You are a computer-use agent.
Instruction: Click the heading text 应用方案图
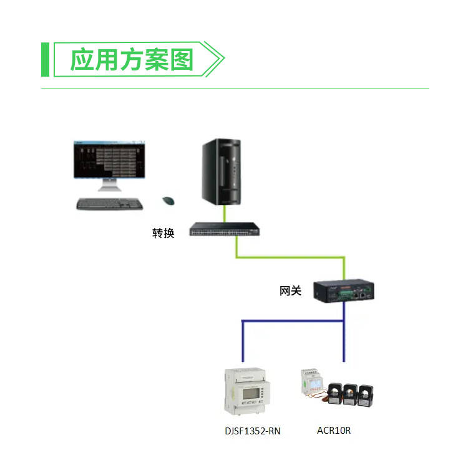click(132, 60)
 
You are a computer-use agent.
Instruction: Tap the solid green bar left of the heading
click(45, 60)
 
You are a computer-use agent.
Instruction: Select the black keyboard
click(109, 203)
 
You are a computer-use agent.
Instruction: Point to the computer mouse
click(168, 200)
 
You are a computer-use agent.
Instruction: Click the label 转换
click(163, 233)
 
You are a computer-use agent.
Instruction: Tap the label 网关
click(290, 290)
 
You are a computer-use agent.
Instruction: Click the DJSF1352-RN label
click(253, 431)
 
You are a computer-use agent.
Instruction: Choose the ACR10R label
click(334, 430)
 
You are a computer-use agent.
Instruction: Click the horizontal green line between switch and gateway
click(290, 256)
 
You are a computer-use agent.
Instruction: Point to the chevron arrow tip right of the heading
click(222, 60)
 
